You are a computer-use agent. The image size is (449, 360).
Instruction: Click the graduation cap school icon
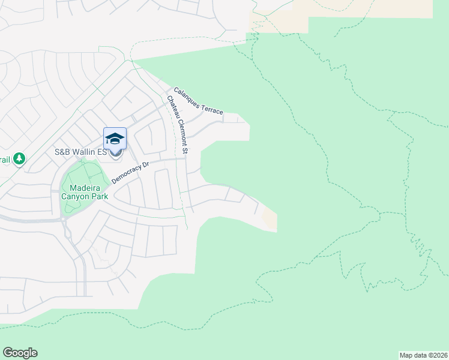click(x=115, y=140)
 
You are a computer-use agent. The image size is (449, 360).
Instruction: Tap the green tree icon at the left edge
click(x=20, y=158)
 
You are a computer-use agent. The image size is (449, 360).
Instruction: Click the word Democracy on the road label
click(x=128, y=173)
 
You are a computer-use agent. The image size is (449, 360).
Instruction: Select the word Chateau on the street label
click(x=173, y=107)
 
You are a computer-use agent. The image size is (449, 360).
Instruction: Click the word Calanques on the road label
click(x=187, y=98)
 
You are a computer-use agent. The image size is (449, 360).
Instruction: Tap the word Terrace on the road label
click(x=212, y=109)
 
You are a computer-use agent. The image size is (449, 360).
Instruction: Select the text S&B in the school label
click(x=63, y=152)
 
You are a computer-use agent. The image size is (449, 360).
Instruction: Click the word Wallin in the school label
click(x=86, y=152)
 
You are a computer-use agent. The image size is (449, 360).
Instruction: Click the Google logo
click(x=20, y=353)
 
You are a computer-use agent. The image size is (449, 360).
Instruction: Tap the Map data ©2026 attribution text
click(x=423, y=355)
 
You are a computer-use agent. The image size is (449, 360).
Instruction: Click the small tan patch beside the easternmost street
click(x=270, y=220)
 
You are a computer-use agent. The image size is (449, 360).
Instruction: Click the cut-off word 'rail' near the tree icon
click(x=5, y=159)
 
